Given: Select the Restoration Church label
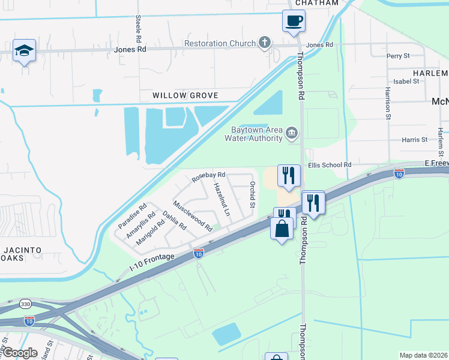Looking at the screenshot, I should coord(220,44).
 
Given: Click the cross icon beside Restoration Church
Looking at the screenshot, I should coord(263,43).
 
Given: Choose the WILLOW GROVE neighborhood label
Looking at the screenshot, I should coord(176,96).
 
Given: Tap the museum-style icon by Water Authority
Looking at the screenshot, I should coord(292,133).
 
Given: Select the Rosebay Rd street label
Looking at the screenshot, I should coord(208,176).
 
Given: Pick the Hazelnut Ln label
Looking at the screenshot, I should coord(222,199).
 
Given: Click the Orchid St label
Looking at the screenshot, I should coord(253,194).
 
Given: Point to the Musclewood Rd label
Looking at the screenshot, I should coord(193,217).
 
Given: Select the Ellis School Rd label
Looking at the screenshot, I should coord(329,165).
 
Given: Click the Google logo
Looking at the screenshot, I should coord(19,353).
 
